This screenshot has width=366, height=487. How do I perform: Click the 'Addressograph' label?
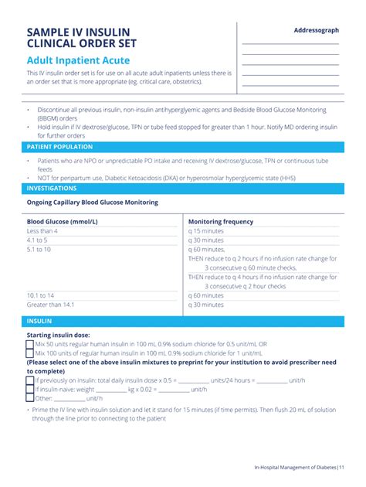(317, 30)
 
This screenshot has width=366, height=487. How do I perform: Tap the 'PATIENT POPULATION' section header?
(59, 146)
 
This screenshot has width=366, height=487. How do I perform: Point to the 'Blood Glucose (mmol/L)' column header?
(63, 221)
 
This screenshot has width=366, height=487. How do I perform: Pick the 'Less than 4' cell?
(42, 231)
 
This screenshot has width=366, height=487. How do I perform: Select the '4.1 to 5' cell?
(37, 240)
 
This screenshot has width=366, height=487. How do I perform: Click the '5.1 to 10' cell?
(39, 250)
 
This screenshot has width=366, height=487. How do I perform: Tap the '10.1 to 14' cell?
(40, 295)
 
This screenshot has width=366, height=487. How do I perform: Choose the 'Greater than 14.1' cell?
(51, 305)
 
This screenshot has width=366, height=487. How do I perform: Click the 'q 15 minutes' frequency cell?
(206, 231)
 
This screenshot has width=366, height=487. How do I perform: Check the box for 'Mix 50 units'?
(30, 344)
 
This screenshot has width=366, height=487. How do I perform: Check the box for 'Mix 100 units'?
(30, 353)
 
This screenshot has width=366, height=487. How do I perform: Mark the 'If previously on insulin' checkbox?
(30, 380)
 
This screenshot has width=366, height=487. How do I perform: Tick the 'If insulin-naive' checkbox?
(30, 390)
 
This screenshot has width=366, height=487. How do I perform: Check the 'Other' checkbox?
(30, 399)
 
